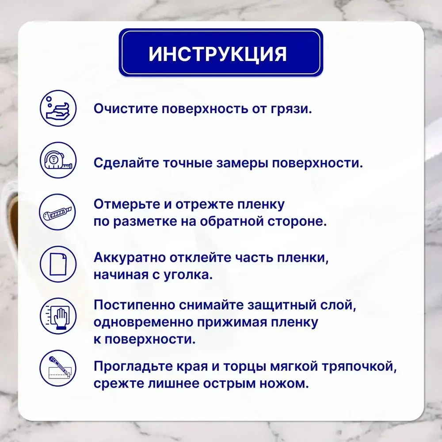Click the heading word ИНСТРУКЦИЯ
click(217, 53)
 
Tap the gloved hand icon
click(58, 317)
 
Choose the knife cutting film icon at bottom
click(58, 369)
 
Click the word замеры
click(237, 163)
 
